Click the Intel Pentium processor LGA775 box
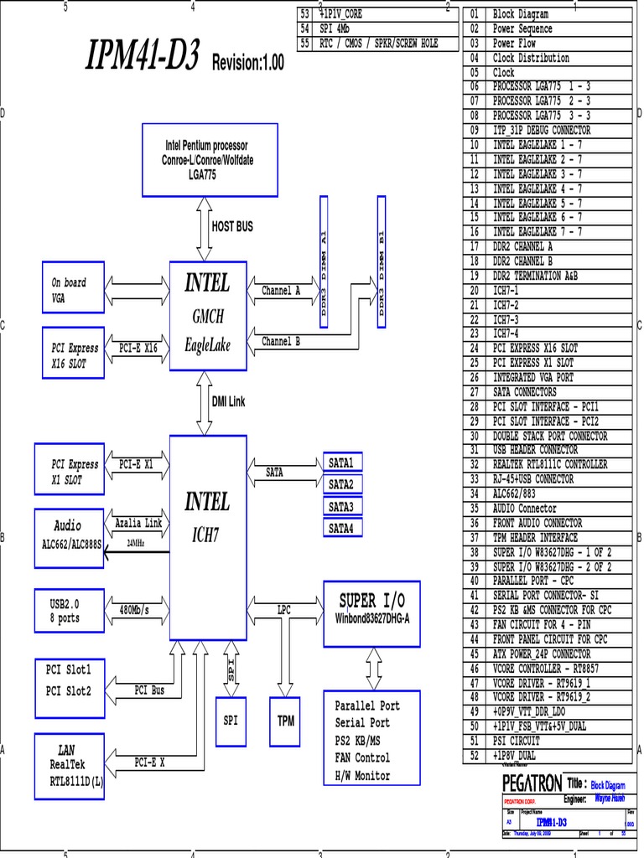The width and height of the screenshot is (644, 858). click(x=209, y=159)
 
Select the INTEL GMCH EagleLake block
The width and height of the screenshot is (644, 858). click(x=208, y=315)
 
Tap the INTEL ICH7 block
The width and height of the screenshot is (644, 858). click(x=208, y=514)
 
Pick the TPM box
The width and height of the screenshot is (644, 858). click(x=283, y=720)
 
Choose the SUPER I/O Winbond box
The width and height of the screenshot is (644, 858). click(x=371, y=612)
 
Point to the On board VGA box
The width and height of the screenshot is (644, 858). click(x=73, y=290)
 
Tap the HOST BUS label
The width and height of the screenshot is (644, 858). click(x=232, y=226)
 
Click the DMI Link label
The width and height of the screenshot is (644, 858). click(x=228, y=402)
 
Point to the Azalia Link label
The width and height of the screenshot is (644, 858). click(x=138, y=523)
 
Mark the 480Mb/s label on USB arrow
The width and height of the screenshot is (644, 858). click(x=134, y=610)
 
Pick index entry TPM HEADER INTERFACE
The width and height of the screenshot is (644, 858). click(x=535, y=537)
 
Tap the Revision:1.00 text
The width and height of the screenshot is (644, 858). click(x=248, y=63)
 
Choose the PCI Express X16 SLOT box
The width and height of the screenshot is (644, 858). click(x=73, y=354)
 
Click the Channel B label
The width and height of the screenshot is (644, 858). click(x=281, y=341)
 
